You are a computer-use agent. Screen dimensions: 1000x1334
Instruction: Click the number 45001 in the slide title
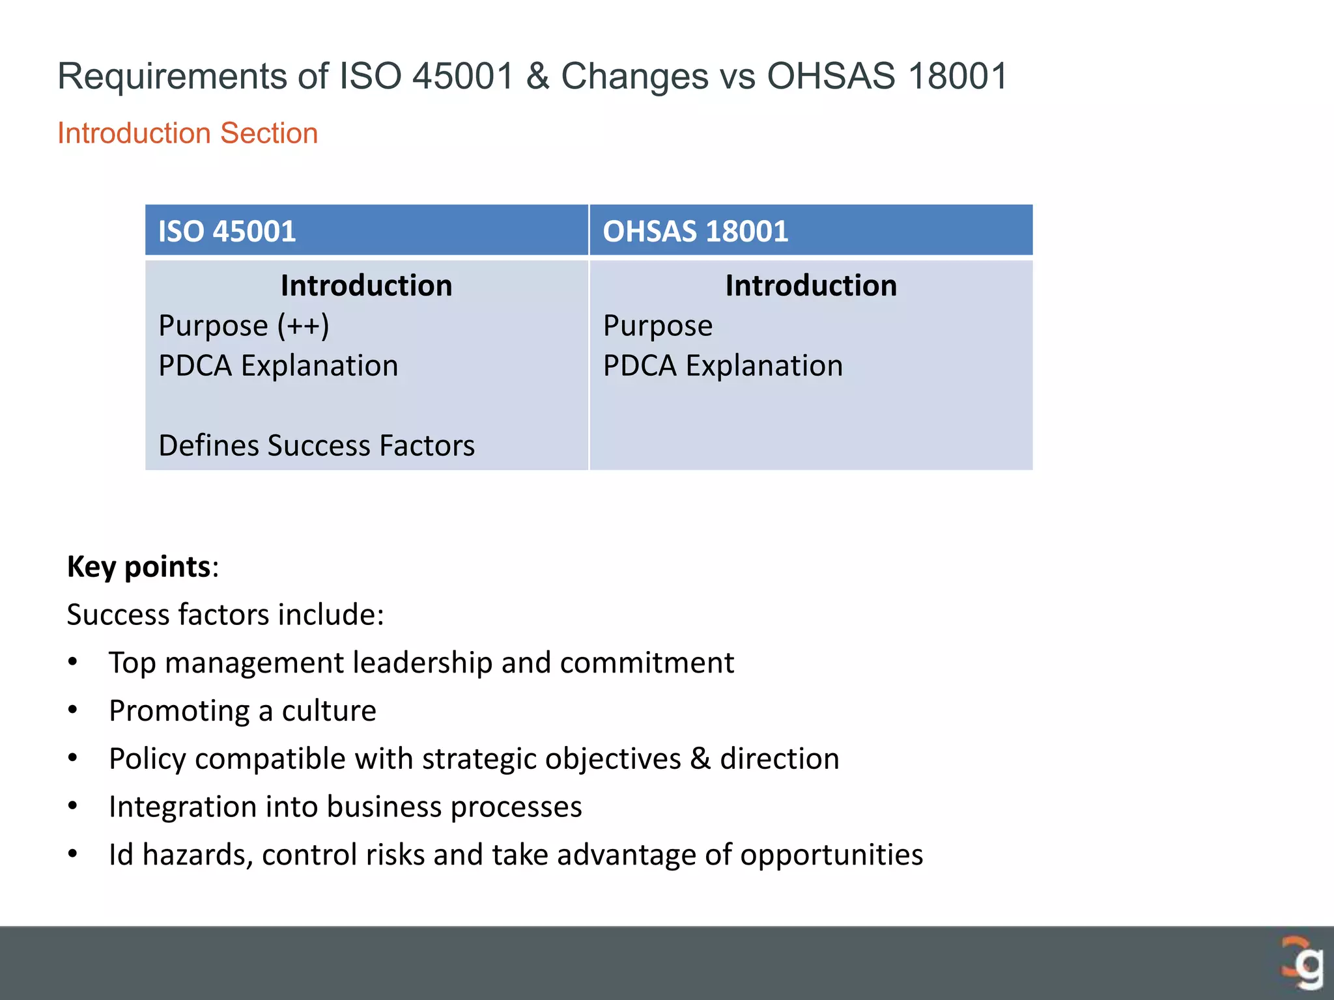pyautogui.click(x=463, y=76)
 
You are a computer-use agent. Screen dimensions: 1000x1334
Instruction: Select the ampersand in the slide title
pyautogui.click(x=538, y=76)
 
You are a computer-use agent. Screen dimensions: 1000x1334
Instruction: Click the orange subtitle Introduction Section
pyautogui.click(x=188, y=133)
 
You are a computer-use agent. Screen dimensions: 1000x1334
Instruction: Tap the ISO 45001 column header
pyautogui.click(x=227, y=232)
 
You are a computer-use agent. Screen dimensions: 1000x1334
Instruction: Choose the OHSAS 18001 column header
pyautogui.click(x=695, y=232)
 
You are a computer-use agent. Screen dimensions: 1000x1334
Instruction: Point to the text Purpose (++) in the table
pyautogui.click(x=244, y=326)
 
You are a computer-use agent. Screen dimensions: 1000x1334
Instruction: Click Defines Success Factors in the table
pyautogui.click(x=317, y=446)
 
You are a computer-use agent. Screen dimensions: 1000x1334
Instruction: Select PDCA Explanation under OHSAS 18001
pyautogui.click(x=722, y=366)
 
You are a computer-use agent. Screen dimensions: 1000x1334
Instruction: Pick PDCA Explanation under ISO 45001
pyautogui.click(x=278, y=366)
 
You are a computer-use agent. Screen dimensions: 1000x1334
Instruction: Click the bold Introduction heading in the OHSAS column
pyautogui.click(x=811, y=286)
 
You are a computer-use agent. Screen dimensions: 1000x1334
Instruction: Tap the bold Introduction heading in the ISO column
pyautogui.click(x=366, y=286)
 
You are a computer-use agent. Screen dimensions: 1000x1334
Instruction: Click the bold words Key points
pyautogui.click(x=139, y=566)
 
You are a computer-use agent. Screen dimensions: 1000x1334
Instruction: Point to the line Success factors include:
pyautogui.click(x=225, y=615)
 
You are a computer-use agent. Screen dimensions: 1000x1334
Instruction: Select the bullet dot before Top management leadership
pyautogui.click(x=73, y=663)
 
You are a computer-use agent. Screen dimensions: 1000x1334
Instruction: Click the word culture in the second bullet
pyautogui.click(x=329, y=711)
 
